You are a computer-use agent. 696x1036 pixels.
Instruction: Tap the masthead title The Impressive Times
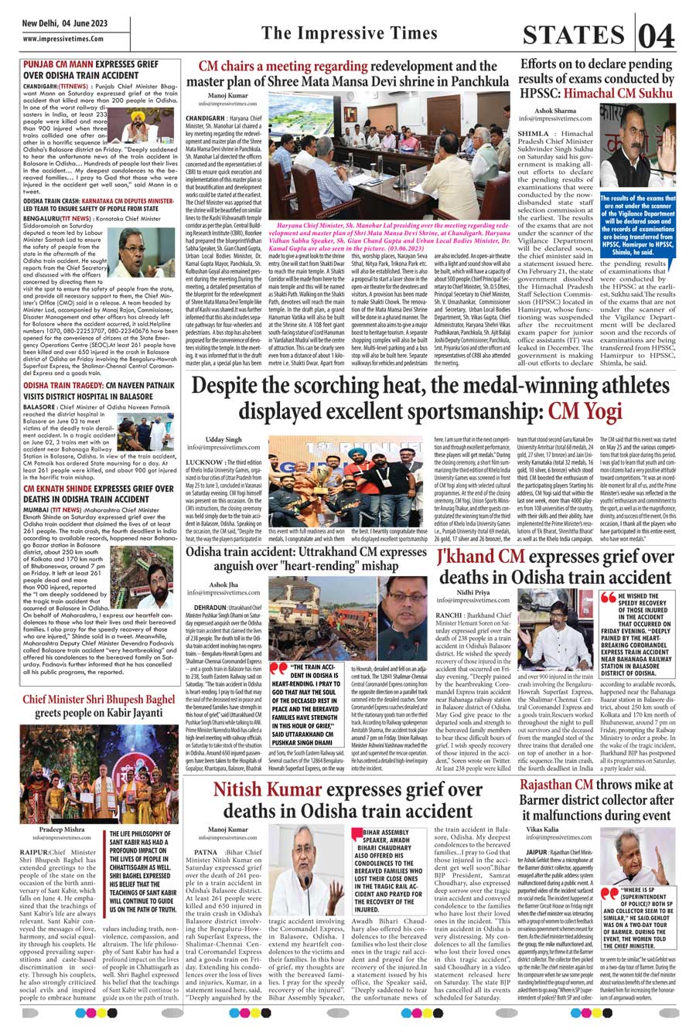349,33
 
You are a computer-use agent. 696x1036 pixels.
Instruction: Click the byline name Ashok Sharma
555,111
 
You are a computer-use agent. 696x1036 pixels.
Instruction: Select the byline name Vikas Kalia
541,830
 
